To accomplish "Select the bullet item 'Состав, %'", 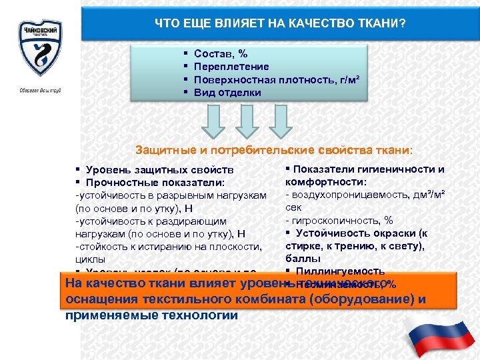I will [x=221, y=53].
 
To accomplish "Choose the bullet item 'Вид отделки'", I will [x=227, y=93].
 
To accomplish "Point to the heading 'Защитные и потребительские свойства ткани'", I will [x=274, y=149].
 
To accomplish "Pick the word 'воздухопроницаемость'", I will [x=347, y=195].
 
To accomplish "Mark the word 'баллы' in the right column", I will [x=303, y=258].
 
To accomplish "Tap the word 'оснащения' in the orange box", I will [x=100, y=299].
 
